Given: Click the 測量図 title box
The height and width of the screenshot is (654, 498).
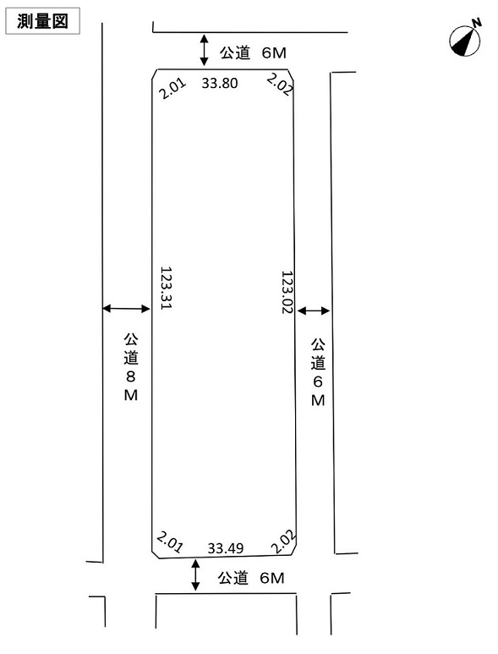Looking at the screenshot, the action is tap(42, 21).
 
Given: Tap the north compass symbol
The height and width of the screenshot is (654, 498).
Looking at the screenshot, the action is tap(465, 41).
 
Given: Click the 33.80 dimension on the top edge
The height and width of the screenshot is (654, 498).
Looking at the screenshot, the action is tap(220, 83).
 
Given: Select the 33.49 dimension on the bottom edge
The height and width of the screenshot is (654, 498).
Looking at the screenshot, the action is tap(226, 548).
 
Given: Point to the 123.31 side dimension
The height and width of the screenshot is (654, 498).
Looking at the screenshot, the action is tap(167, 289).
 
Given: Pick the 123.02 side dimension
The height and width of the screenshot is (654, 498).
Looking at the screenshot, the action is tap(287, 293).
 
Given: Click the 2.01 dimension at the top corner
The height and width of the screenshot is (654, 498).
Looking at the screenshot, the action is tap(172, 89).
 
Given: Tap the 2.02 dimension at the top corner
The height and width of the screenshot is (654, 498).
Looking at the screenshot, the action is tap(279, 85).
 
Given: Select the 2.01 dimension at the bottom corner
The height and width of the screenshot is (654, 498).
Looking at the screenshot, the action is tap(169, 542).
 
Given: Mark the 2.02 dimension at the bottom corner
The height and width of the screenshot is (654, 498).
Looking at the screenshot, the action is tap(283, 541).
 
